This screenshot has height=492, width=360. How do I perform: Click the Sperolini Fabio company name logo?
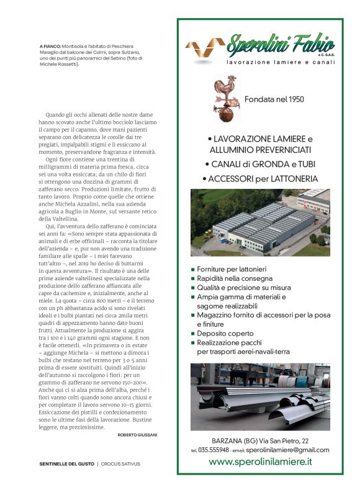pos(281,45)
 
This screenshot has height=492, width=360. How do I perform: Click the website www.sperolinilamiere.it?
pos(260,462)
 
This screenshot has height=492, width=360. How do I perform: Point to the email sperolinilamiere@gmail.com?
pos(287,450)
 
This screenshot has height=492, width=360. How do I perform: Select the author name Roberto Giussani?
pos(137,435)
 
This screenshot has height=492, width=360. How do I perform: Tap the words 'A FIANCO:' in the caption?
pos(51,47)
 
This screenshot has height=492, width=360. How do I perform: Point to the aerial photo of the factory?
pos(260,222)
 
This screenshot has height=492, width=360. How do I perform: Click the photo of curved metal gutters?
pos(260,396)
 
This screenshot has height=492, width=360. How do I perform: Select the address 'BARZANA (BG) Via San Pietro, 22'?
pos(260,439)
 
